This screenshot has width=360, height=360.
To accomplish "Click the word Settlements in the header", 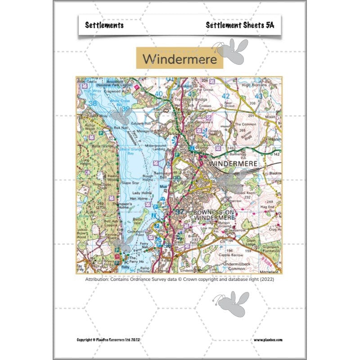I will coord(104,25).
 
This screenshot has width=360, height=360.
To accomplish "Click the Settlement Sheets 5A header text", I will coord(240,25).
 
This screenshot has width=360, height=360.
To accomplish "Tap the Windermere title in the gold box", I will coord(180,59).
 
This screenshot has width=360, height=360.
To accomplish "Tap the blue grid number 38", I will coord(94,103).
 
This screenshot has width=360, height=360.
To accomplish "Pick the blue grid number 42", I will coord(226,96).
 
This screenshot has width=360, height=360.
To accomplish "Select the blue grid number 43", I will coord(258,96).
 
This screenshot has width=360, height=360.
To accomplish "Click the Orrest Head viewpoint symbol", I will coord(205,132).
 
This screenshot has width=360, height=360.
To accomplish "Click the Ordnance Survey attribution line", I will coord(180,279).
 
